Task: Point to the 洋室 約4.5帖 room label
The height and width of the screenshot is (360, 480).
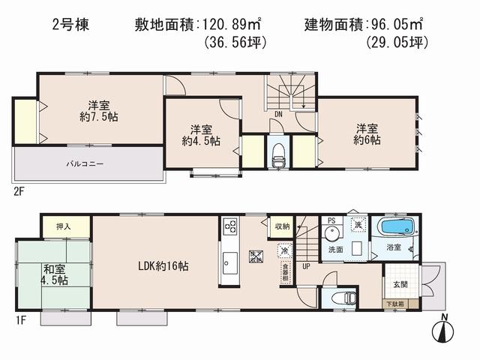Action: point(201,134)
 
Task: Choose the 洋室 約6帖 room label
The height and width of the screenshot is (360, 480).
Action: point(367,133)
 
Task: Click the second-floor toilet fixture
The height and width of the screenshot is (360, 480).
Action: point(278,154)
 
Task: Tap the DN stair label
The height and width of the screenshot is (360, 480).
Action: point(277,113)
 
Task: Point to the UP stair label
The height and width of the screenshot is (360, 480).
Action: point(307,265)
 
